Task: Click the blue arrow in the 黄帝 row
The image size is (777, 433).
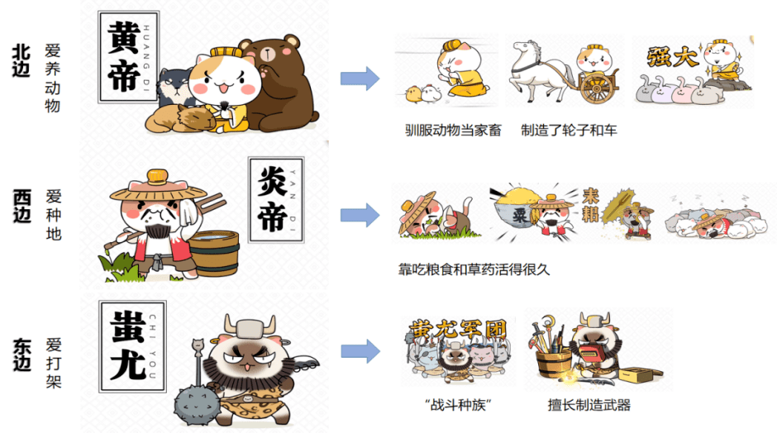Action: click(x=360, y=79)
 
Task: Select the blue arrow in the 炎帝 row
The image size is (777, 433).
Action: click(x=360, y=215)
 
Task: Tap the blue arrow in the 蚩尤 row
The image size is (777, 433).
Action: click(x=360, y=351)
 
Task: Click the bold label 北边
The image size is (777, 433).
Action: click(x=21, y=60)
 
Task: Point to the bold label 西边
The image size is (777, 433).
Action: click(x=21, y=206)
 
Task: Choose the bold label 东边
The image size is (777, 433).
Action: click(x=21, y=354)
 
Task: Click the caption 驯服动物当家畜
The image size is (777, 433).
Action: click(x=453, y=131)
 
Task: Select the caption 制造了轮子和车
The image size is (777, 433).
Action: click(x=569, y=131)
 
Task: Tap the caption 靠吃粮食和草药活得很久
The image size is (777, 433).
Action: click(x=474, y=269)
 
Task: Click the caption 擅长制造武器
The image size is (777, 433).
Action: click(x=589, y=405)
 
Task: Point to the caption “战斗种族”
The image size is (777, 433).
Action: click(x=457, y=405)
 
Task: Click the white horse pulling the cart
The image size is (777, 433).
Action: click(x=536, y=70)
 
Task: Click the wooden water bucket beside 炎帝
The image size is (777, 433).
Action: click(x=215, y=253)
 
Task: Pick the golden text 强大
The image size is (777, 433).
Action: click(x=672, y=56)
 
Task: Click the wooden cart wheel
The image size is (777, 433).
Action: click(x=596, y=89)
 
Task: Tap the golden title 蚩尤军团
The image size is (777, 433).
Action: click(x=457, y=330)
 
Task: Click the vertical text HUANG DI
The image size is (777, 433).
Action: click(x=146, y=58)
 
